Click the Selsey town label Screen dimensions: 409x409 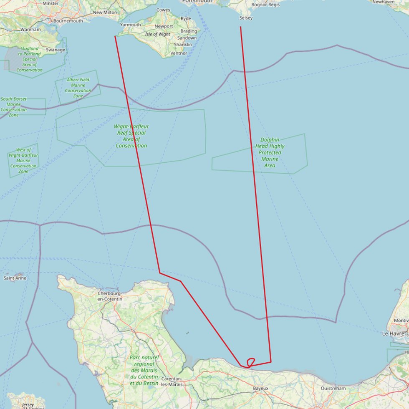[246, 18]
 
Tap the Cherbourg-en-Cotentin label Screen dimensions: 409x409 [109, 296]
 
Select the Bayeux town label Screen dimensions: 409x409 [260, 389]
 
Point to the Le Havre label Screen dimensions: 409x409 [394, 334]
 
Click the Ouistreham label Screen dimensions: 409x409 [333, 389]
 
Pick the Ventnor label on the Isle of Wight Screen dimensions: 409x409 [179, 53]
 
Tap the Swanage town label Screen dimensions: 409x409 [56, 50]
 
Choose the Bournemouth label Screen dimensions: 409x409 [68, 20]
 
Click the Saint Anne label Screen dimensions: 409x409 [15, 278]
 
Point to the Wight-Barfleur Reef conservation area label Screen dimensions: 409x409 [131, 136]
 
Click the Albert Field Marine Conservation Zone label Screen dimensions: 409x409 [78, 88]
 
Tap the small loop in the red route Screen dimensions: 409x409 [251, 362]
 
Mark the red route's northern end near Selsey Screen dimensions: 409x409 [240, 27]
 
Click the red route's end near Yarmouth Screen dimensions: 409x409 [115, 36]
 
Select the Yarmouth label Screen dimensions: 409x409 [131, 25]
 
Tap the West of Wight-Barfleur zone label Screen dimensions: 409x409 [23, 161]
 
